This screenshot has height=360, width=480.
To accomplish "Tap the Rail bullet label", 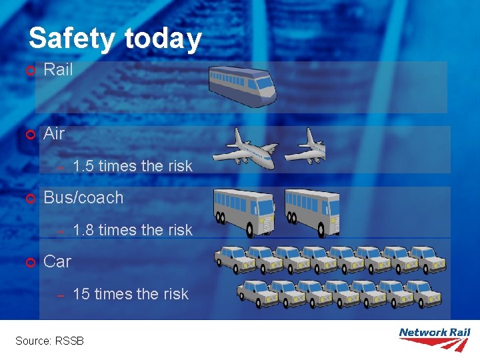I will click(58, 69).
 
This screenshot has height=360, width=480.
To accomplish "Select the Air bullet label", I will click(54, 133).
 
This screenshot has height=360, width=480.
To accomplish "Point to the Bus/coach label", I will click(83, 197).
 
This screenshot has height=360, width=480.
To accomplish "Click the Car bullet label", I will click(57, 261).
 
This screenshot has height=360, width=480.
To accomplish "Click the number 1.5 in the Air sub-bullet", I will click(83, 166).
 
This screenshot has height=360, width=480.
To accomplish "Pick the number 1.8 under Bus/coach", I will click(83, 230).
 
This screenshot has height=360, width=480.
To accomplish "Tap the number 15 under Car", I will click(81, 294).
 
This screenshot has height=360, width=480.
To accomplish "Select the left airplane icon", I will click(245, 148).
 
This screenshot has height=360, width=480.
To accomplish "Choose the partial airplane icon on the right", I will click(306, 146).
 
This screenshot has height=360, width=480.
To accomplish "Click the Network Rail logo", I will click(434, 338).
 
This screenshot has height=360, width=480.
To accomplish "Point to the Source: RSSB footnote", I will click(49, 341).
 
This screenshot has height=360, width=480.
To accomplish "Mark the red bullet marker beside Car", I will click(29, 263).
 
